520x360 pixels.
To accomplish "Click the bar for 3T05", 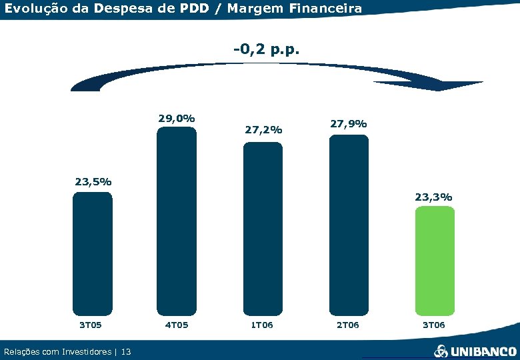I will [x=92, y=253].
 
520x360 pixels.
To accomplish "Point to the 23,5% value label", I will [x=93, y=181].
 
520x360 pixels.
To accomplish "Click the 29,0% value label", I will [x=176, y=118].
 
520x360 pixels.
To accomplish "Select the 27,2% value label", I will [x=263, y=130].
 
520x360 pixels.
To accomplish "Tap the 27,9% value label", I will [x=348, y=123].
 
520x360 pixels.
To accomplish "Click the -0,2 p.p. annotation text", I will [x=267, y=49].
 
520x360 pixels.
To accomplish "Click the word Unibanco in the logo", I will [x=483, y=351].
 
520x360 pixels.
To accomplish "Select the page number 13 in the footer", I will [x=126, y=351].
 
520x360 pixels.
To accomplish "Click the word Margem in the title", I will [x=249, y=9].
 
